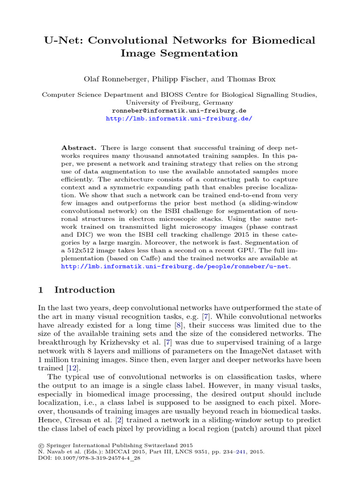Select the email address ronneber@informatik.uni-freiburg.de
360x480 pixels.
[x=180, y=111]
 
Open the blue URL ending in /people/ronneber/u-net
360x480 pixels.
[x=176, y=266]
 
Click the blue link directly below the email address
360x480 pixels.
[x=180, y=119]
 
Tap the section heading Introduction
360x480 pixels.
[x=84, y=290]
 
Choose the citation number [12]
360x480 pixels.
[x=72, y=368]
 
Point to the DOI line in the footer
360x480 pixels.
[x=89, y=458]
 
